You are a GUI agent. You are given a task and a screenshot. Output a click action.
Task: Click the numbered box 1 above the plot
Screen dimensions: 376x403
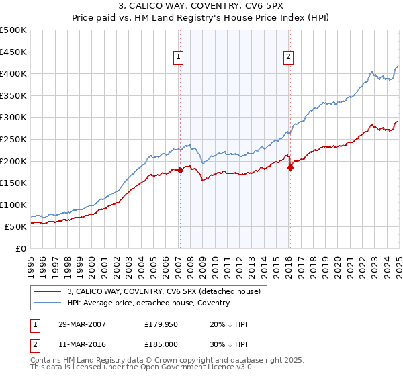coord(179,58)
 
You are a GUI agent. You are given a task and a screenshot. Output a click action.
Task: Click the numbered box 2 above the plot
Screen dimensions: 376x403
coord(288,58)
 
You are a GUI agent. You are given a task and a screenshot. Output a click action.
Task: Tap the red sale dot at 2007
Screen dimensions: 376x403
coord(180,170)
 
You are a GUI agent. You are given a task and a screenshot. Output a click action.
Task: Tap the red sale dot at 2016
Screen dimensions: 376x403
coord(290,168)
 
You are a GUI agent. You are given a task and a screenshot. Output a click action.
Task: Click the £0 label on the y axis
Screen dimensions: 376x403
coord(21,248)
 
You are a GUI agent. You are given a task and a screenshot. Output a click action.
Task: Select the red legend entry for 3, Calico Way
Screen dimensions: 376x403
coord(167,291)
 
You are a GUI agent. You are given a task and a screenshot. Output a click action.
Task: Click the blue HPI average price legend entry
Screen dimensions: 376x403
coord(148,303)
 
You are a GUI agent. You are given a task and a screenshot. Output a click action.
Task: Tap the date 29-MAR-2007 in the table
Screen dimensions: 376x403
coord(82,324)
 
